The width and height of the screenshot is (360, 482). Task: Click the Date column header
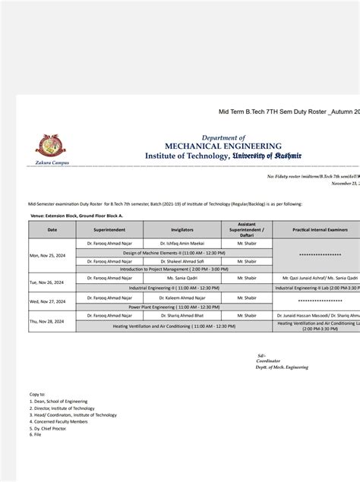tap(52, 228)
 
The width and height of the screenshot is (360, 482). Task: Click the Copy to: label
tap(37, 395)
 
